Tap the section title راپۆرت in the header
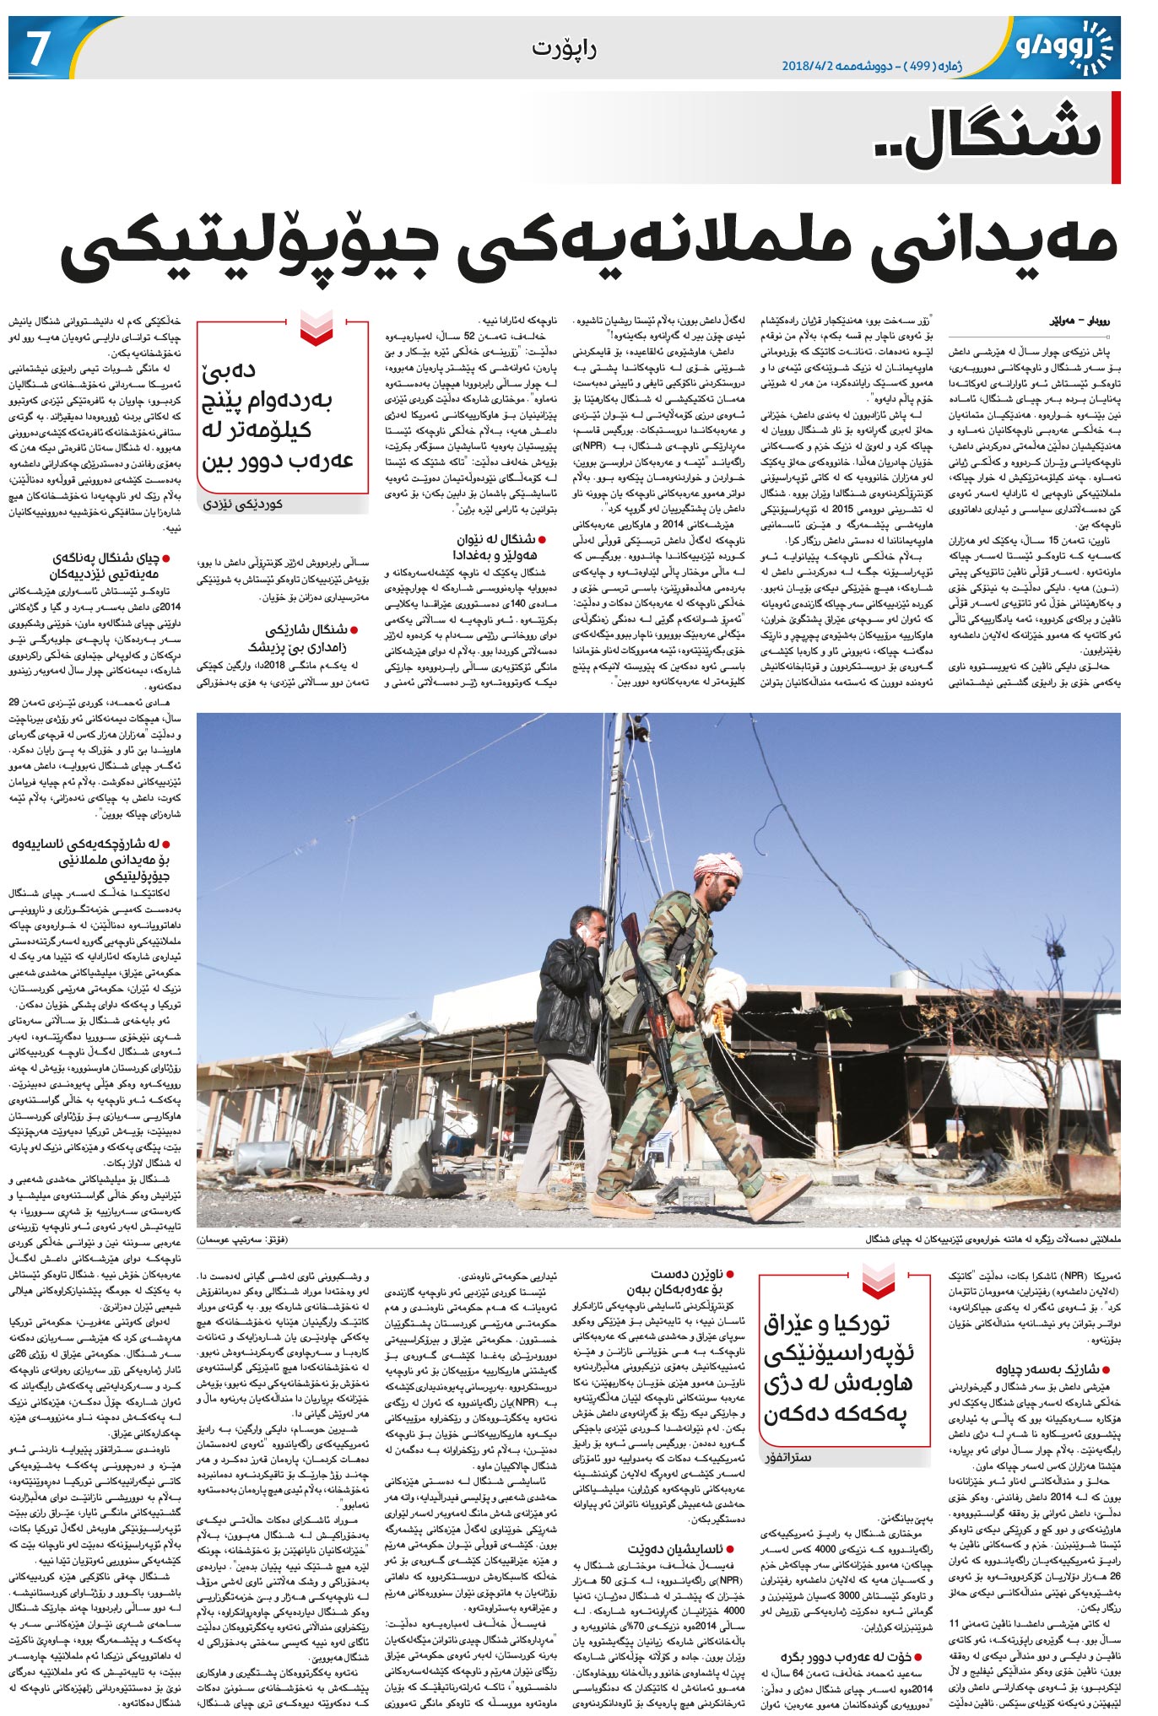[x=564, y=48]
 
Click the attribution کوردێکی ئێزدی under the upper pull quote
[x=244, y=504]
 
